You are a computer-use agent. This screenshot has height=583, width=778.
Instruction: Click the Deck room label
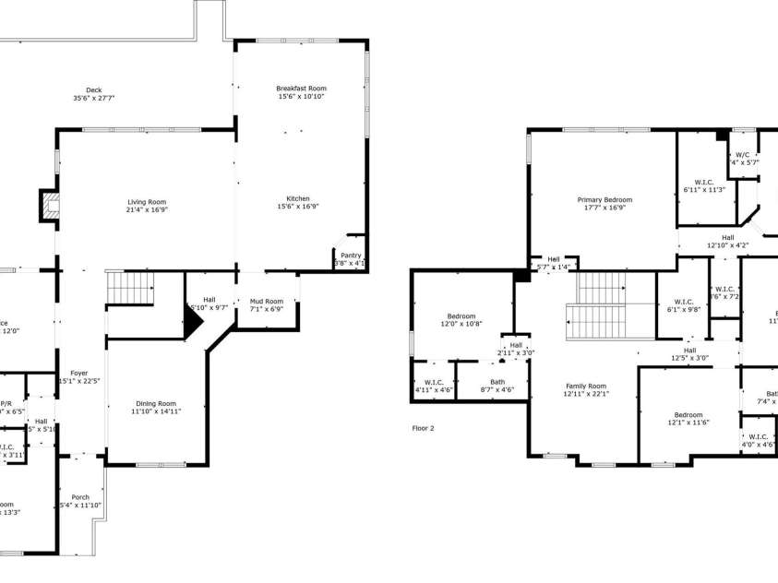point(93,89)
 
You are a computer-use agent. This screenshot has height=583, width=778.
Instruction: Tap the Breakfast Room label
point(301,89)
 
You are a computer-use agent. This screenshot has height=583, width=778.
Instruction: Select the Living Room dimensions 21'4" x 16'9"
point(147,209)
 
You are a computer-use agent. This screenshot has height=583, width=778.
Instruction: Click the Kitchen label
point(297,198)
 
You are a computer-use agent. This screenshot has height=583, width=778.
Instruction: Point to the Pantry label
point(351,256)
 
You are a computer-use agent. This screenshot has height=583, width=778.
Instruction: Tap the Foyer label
point(79,374)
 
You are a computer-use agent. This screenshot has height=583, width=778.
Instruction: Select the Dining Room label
point(155,403)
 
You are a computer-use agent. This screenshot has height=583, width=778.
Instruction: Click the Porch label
point(80,497)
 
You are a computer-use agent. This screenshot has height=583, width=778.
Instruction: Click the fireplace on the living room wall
point(47,207)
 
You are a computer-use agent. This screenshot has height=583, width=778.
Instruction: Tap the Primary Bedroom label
point(604,199)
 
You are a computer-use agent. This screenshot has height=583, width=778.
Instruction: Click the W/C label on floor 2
point(742,155)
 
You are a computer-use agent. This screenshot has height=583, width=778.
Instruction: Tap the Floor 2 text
point(423,428)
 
